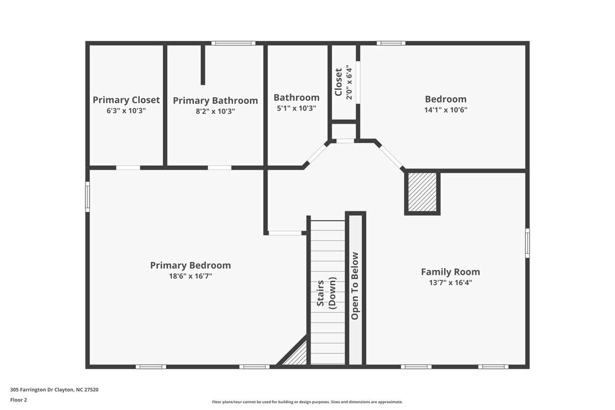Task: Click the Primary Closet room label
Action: pos(126,100)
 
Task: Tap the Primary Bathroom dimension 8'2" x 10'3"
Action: pos(215,111)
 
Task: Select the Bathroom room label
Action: pos(296,97)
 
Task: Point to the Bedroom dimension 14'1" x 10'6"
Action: pos(445,110)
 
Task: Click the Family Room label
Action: pos(450,272)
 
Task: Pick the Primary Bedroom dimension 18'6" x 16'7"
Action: pos(191,276)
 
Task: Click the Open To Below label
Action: pos(355,286)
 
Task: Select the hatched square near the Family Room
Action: pos(422,192)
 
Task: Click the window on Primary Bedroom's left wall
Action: pos(87,196)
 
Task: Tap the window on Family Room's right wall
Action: pos(527,243)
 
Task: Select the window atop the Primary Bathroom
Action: pos(233,43)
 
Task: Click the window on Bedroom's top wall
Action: pos(391,43)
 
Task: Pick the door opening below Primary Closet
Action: pos(128,167)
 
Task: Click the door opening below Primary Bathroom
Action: pos(220,167)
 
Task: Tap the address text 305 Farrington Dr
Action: pos(54,389)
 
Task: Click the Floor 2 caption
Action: pos(19,400)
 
